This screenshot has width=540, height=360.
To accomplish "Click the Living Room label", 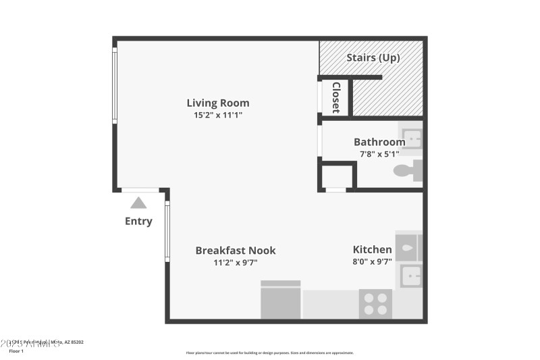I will tap(218, 103).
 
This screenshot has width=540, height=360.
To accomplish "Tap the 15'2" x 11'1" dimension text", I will tap(218, 115).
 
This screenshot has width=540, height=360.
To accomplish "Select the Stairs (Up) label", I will tap(373, 57).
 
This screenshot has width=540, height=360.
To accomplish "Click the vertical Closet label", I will tap(335, 97).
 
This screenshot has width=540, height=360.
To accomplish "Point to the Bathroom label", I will tap(379, 142).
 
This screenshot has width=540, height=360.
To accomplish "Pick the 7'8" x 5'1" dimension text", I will tap(379, 154).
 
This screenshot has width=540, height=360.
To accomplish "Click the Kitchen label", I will tap(372, 249).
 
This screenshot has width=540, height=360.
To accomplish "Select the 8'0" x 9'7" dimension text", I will tap(372, 262).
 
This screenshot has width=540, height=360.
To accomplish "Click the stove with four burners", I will tap(375, 303).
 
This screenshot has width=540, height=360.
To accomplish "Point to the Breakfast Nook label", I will tap(236, 250).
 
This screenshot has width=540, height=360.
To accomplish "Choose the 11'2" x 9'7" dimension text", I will tap(236, 263).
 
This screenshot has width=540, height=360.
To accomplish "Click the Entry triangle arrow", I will tap(138, 202).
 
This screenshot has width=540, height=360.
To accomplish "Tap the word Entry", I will tap(138, 221).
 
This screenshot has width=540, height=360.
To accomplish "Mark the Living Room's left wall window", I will tap(115, 84).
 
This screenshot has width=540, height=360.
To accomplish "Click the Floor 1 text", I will tap(16, 351).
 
